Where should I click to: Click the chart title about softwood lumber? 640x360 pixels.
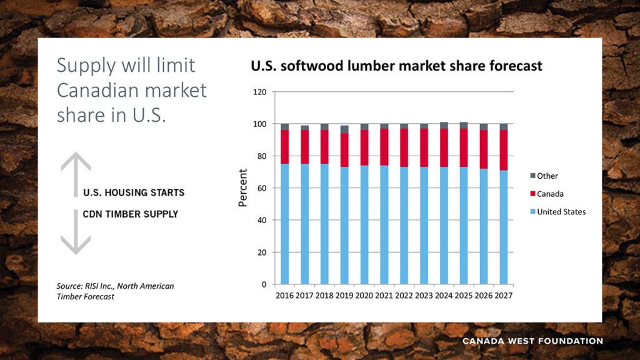tap(396, 66)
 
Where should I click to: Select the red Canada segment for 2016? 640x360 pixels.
tap(285, 147)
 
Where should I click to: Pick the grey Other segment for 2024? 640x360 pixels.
tap(444, 126)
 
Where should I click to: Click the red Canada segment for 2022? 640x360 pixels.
tap(404, 147)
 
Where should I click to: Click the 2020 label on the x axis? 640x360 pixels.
tap(364, 295)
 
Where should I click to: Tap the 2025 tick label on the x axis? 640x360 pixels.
tap(464, 295)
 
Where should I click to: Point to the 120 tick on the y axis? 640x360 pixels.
tap(260, 92)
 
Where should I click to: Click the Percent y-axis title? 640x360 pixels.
tap(243, 187)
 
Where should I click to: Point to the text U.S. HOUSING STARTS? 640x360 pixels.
tap(134, 192)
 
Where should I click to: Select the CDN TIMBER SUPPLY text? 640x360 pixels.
tap(131, 214)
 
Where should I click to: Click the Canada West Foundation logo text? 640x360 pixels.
tap(532, 341)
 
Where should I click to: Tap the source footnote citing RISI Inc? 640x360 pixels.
tap(115, 291)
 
